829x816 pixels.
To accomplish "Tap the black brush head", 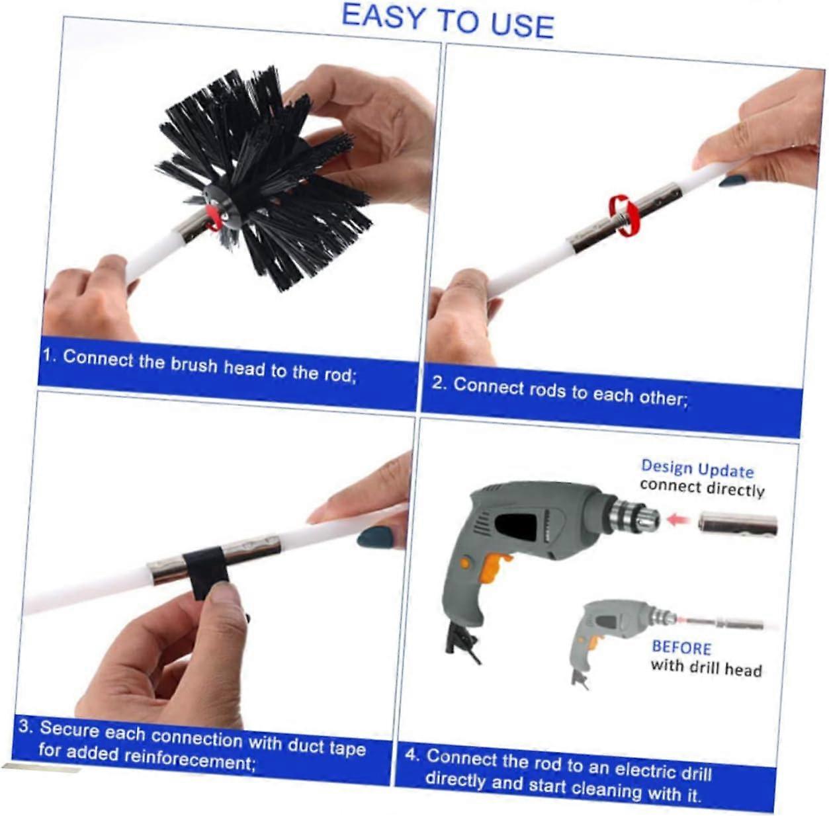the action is click(x=263, y=177).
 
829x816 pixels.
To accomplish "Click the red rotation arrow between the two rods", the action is click(x=624, y=214).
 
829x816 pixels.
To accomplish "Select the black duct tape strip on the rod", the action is click(x=205, y=571).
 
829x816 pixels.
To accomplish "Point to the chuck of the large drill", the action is click(x=633, y=514).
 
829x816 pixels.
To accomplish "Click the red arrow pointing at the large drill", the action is click(x=679, y=520).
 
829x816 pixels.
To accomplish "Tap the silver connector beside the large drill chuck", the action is click(x=738, y=524).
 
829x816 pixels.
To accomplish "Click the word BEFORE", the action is click(x=682, y=647).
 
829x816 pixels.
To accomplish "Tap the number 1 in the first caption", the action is click(x=48, y=355).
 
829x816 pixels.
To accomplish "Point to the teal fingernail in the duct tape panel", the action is click(x=376, y=537).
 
